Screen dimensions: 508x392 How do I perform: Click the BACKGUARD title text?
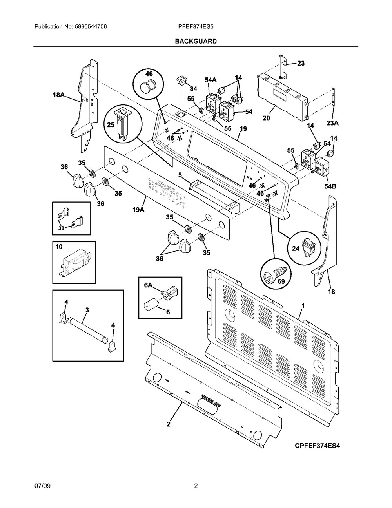tap(196, 41)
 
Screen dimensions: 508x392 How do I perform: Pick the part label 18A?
tap(59, 95)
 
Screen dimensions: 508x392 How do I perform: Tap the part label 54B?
tap(330, 186)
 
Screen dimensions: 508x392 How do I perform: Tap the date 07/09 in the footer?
tap(43, 486)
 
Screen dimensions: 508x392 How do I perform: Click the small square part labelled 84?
tap(181, 80)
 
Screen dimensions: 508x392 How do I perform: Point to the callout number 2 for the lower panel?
tap(169, 424)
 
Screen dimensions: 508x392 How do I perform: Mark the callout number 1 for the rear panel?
tap(303, 305)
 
